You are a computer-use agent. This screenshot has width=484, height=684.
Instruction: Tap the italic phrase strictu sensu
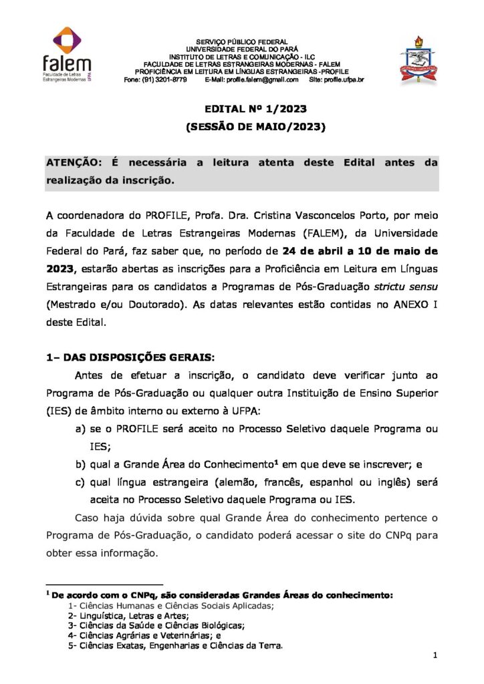coord(407,287)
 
